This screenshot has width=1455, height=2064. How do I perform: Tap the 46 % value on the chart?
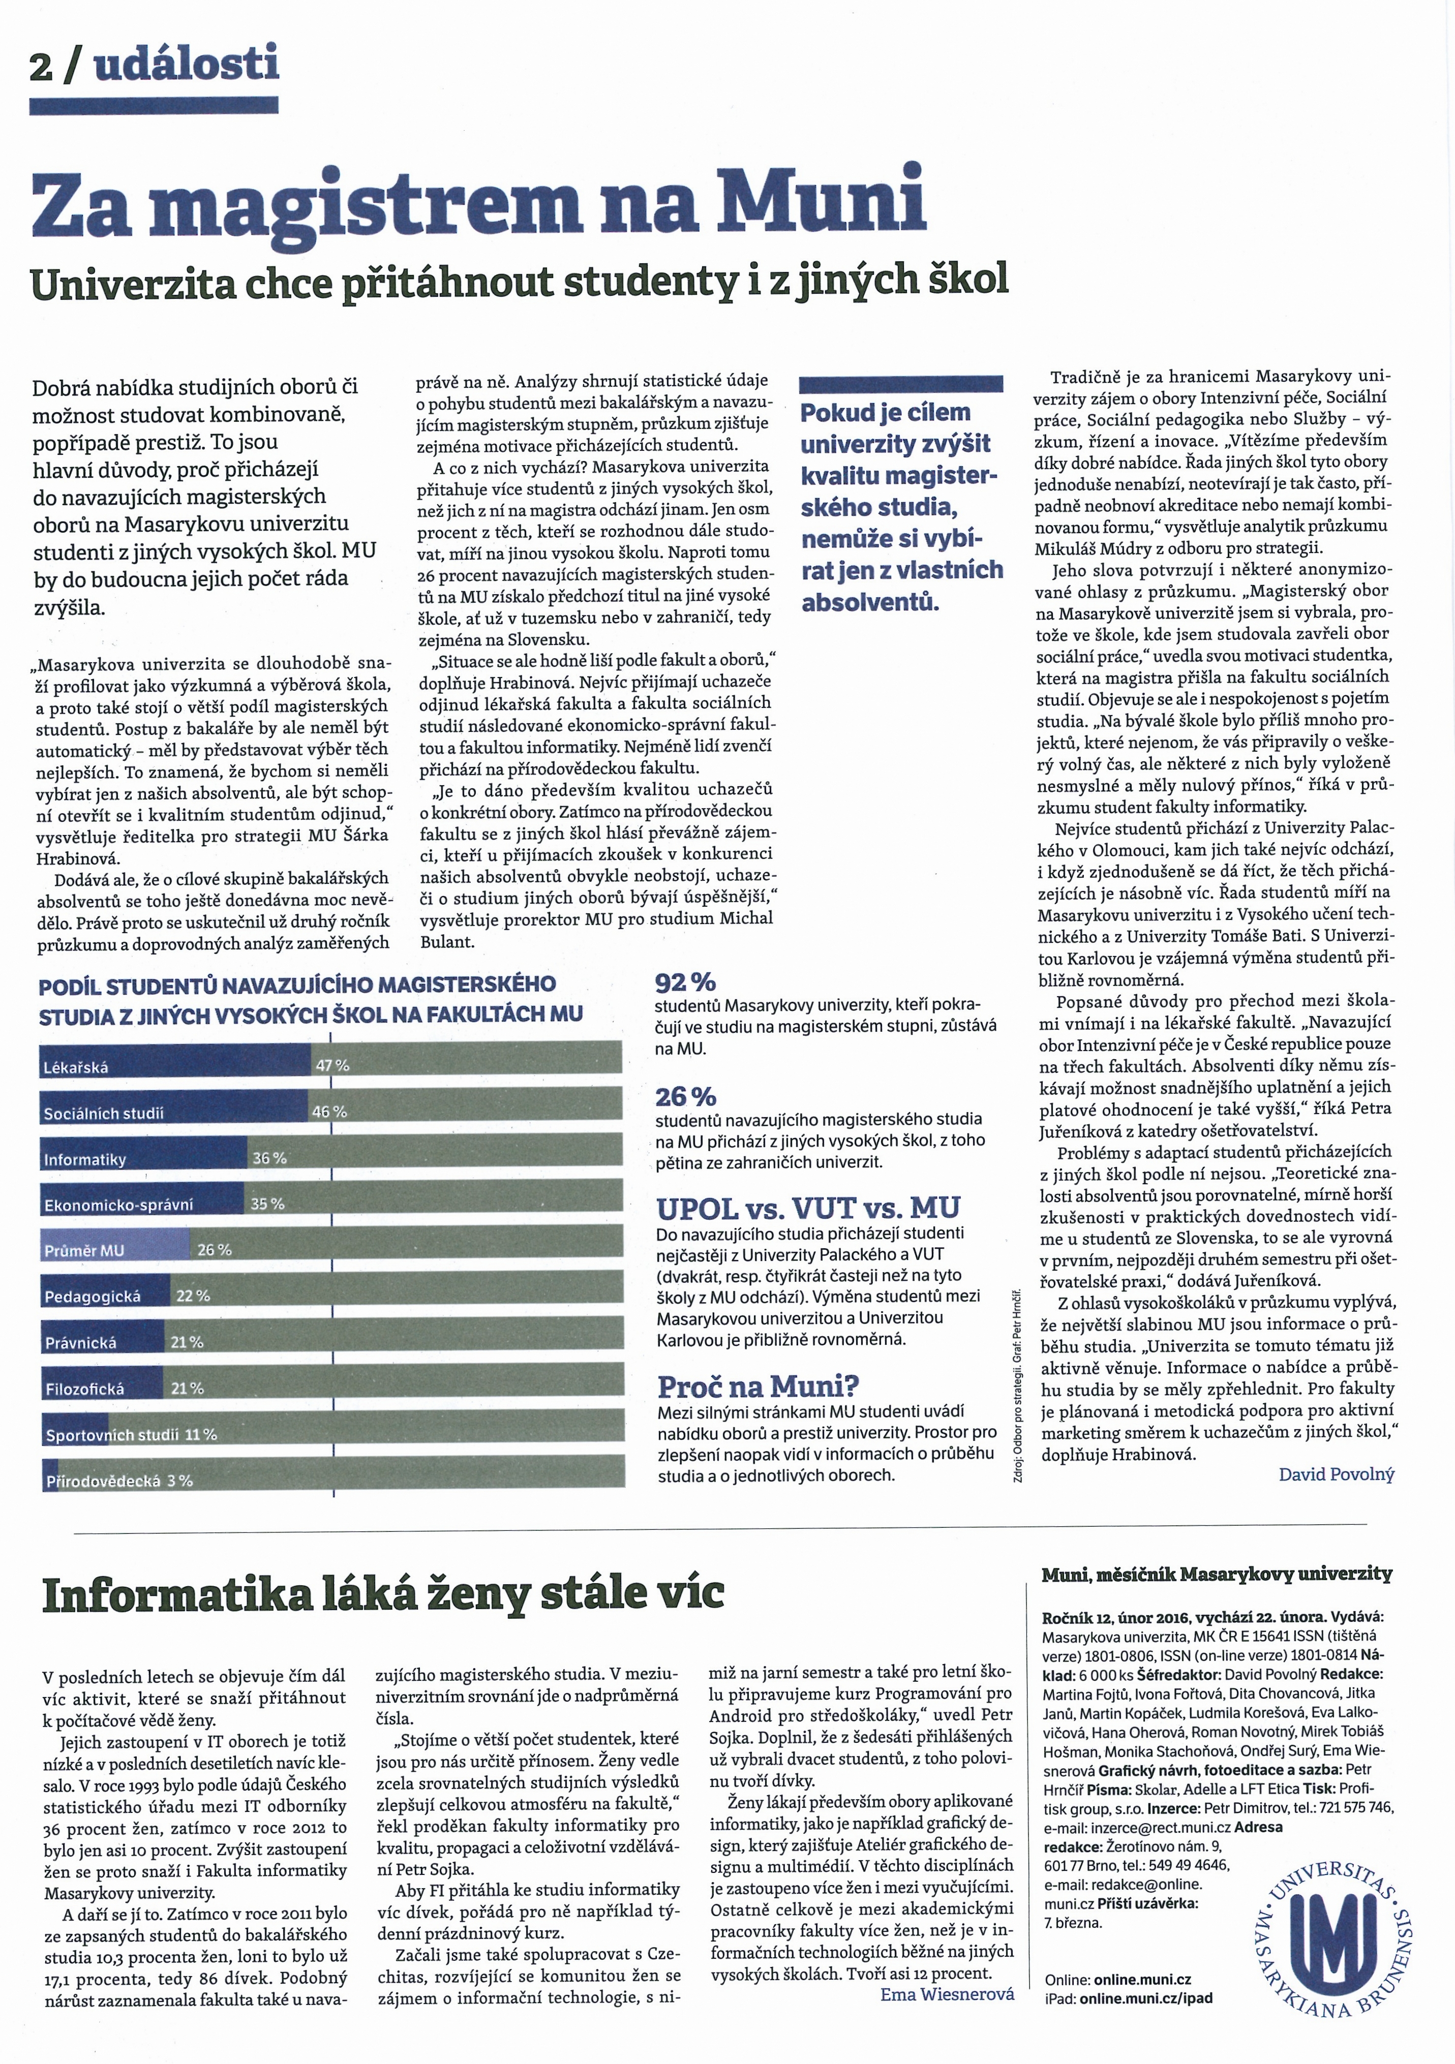329,1111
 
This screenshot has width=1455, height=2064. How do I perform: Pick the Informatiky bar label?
85,1160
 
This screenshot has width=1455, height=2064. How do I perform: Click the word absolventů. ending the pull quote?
869,601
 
